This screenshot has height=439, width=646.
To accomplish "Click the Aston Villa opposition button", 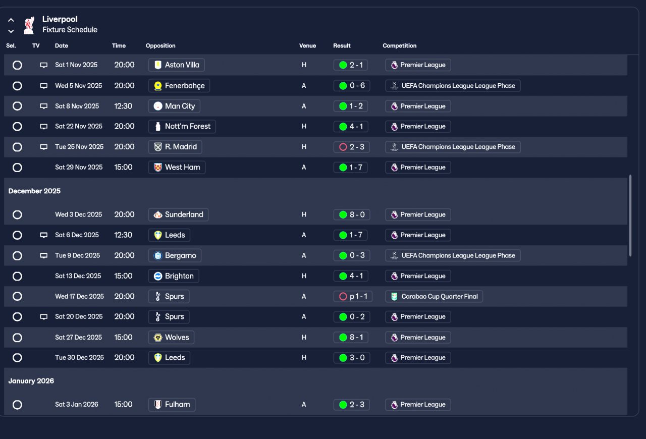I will pos(176,65).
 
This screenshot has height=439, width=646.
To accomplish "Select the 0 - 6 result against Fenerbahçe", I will pos(352,86).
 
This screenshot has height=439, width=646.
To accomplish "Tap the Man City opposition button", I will pos(174,106).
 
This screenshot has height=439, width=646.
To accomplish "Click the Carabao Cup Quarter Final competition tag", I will pos(434,297).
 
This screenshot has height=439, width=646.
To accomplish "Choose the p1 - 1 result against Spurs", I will pos(353,297).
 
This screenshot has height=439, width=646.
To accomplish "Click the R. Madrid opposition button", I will pos(175,147).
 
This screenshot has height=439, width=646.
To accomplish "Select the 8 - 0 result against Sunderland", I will pos(352,214).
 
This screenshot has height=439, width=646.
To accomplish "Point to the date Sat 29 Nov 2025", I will pos(79,168).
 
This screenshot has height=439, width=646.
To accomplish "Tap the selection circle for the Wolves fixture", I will pos(17,338).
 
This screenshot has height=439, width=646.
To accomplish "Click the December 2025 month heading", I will pos(34,191).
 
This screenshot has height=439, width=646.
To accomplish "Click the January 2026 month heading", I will pos(31,381).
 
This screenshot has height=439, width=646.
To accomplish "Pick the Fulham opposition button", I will pos(172,405).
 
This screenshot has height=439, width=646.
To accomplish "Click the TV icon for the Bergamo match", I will pos(44,256).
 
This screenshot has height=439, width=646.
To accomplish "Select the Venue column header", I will pos(307,46).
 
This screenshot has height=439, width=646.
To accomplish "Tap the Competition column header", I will pos(399,46).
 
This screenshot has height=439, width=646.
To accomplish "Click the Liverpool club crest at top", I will pos(29,25).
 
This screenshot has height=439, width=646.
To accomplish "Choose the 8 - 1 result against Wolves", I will pos(352,338).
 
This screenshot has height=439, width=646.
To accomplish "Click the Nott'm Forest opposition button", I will pos(182,127).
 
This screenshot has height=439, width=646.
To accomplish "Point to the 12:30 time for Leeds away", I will pos(123,235).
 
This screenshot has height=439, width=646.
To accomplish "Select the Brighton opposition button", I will pos(174,276).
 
